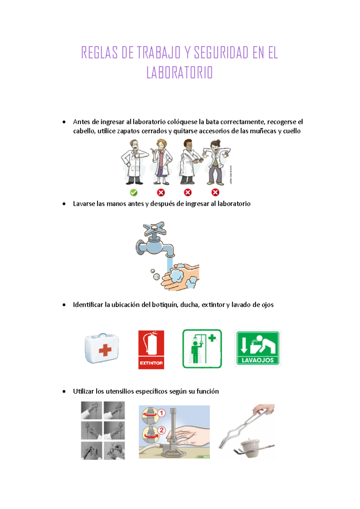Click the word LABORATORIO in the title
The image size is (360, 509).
179,73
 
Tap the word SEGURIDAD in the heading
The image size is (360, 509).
221,53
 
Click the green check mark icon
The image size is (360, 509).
133,192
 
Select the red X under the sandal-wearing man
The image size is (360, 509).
161,192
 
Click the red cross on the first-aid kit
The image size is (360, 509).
105,350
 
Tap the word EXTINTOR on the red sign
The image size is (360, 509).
151,363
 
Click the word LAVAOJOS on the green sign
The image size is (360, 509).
258,360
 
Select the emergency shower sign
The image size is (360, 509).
202,349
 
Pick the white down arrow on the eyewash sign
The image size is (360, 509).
244,345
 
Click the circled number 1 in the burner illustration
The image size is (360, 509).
161,413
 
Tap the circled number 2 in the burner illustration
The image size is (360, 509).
161,430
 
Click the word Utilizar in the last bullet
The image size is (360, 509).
83,391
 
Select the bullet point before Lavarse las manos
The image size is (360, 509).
64,204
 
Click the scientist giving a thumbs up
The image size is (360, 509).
134,162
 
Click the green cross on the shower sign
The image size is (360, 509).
212,338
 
